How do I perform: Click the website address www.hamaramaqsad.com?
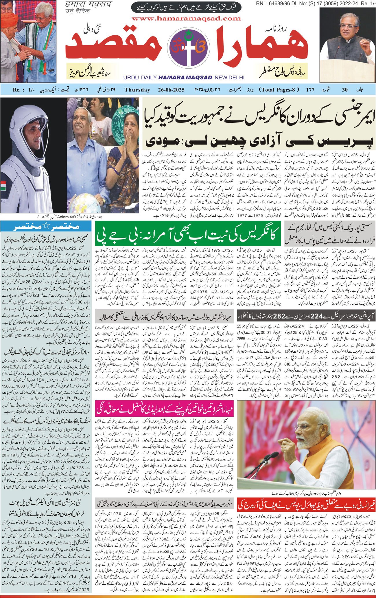click(186, 19)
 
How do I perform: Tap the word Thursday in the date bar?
click(137, 90)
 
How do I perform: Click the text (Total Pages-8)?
click(279, 89)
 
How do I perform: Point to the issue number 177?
click(310, 90)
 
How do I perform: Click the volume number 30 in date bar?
click(344, 90)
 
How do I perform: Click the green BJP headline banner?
click(188, 234)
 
